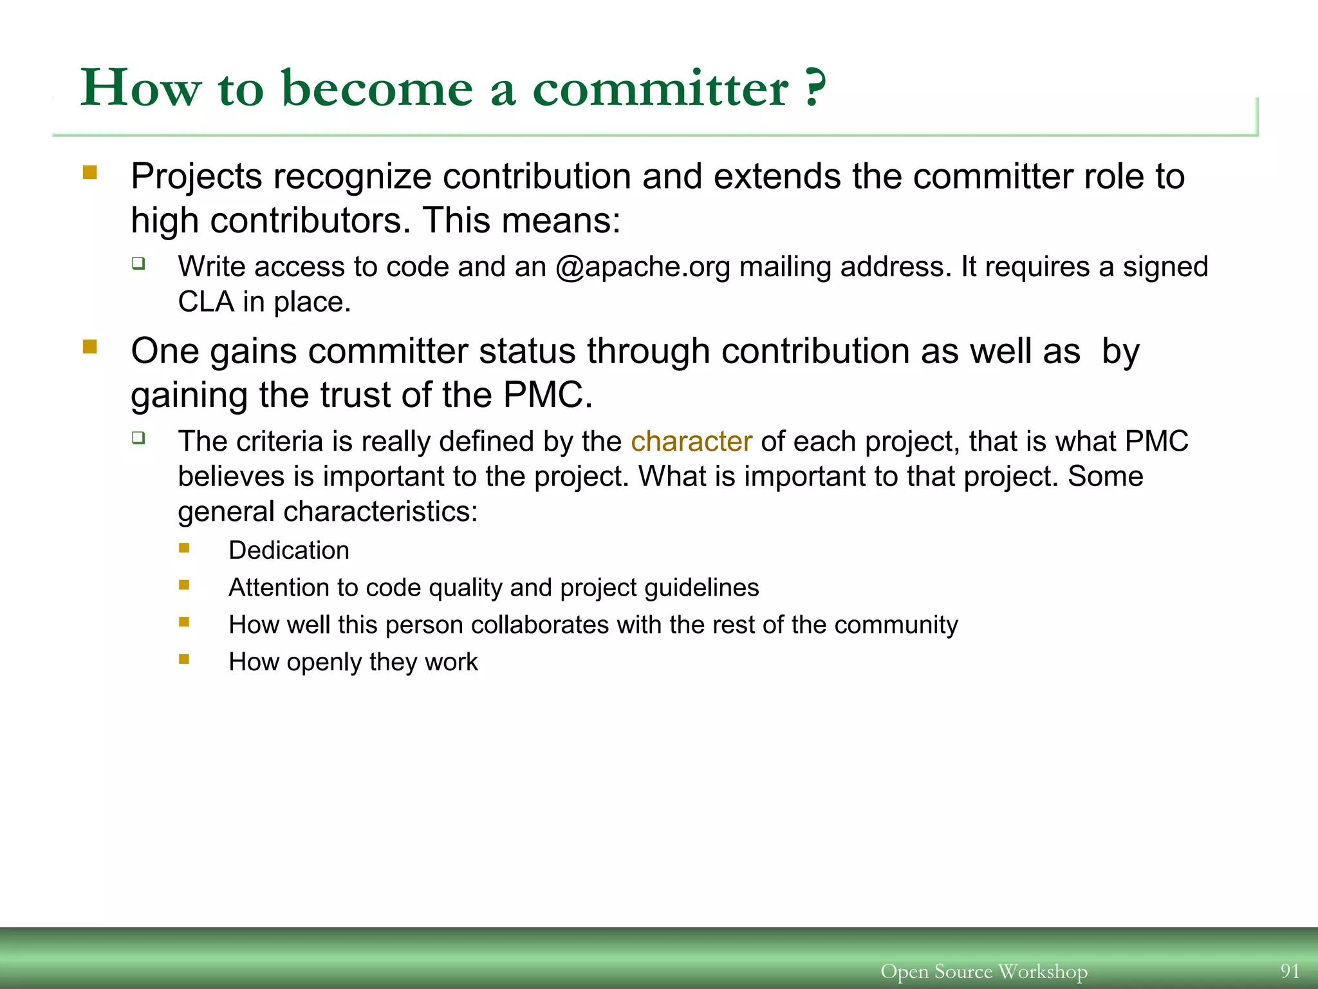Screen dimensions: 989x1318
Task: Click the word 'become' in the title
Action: coord(378,88)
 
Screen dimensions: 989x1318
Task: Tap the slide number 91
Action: coord(1289,970)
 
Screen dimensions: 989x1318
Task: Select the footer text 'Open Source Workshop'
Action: coord(983,971)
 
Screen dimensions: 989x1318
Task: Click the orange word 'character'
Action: coord(691,442)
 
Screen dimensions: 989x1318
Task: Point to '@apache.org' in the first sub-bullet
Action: coord(642,267)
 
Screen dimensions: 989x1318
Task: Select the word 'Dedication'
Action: coord(289,551)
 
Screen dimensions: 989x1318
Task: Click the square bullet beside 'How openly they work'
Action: coord(184,659)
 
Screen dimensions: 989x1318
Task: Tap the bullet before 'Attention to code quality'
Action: coord(184,585)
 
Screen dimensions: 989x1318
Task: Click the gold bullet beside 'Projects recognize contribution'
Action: coord(90,173)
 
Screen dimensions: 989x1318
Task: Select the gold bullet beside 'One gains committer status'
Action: coord(90,348)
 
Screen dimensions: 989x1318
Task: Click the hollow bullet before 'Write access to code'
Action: coord(138,263)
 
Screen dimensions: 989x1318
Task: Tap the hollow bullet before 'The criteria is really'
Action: coord(138,438)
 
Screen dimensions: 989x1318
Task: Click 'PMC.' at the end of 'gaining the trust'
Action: coord(547,395)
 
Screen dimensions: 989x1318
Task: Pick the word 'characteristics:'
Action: coord(380,512)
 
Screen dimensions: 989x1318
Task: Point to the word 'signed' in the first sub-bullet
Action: coord(1165,267)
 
